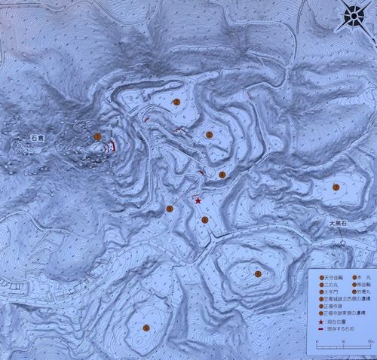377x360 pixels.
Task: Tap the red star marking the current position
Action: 198,201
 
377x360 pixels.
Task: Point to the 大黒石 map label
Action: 335,224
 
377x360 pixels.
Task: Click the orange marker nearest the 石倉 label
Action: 97,136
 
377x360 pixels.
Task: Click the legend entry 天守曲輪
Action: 329,278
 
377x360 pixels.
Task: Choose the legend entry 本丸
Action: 359,278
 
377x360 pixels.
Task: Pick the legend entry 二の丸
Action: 326,285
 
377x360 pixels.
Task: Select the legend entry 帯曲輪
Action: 360,285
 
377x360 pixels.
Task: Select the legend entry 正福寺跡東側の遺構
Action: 342,314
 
